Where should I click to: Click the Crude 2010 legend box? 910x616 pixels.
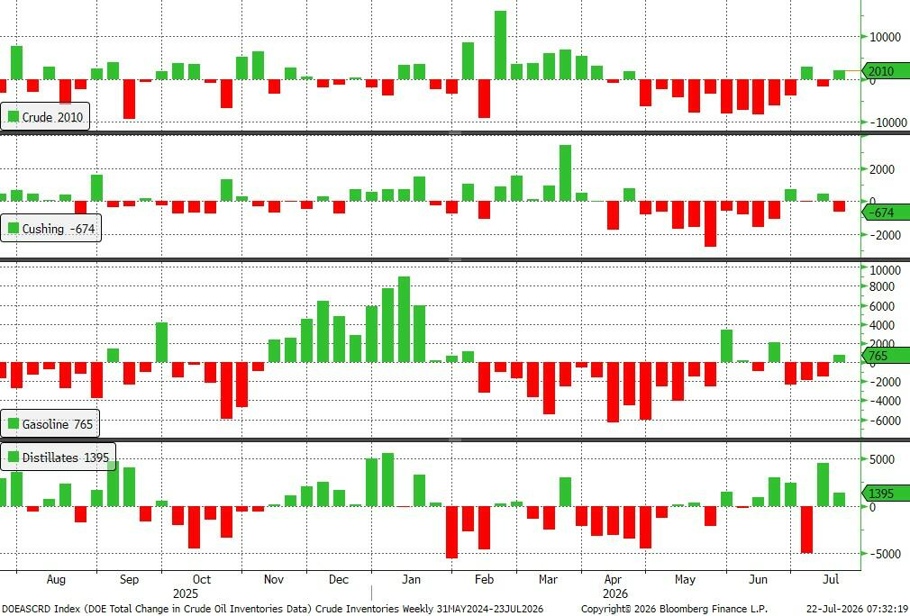[x=45, y=116]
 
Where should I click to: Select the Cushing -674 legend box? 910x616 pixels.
[x=50, y=229]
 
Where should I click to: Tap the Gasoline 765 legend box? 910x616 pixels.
[x=50, y=424]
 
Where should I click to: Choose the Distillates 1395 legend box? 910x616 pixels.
[x=58, y=457]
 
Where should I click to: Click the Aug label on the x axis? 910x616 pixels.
[x=56, y=579]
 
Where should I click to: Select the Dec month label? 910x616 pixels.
[x=339, y=579]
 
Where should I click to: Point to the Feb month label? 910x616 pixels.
[x=484, y=579]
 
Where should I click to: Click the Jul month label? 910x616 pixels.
[x=831, y=579]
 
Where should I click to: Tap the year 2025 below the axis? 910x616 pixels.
[x=185, y=593]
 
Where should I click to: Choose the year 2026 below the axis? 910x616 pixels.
[x=614, y=593]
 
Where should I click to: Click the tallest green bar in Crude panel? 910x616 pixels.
[x=500, y=45]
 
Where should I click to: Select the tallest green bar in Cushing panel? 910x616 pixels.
[x=565, y=173]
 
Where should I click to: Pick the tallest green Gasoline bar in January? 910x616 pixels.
[x=404, y=320]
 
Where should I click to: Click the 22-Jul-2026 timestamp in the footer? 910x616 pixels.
[x=857, y=609]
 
